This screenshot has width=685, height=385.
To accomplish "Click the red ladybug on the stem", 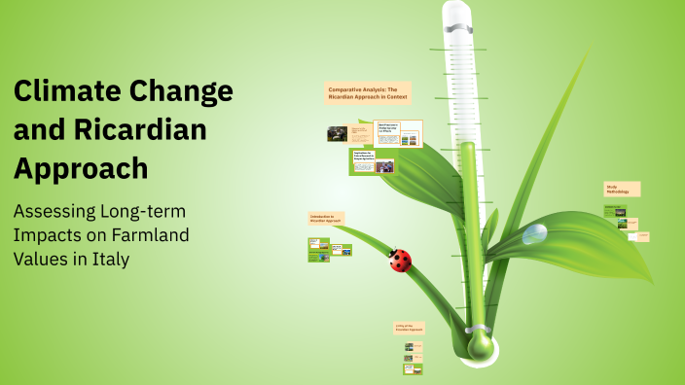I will coord(399,260).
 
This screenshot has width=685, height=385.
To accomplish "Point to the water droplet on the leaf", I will coord(534,234).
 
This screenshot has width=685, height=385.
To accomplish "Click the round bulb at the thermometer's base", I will coord(480,343).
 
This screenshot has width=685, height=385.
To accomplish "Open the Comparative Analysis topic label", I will coord(370,92).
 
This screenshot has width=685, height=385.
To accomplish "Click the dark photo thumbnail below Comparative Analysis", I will coord(337,134).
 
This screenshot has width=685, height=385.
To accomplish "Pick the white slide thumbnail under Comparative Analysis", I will coord(399,133).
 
